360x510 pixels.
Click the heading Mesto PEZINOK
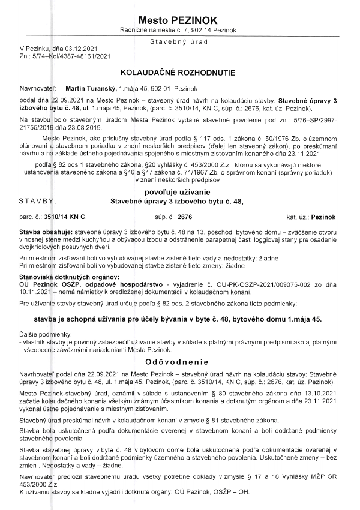tap(178, 19)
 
